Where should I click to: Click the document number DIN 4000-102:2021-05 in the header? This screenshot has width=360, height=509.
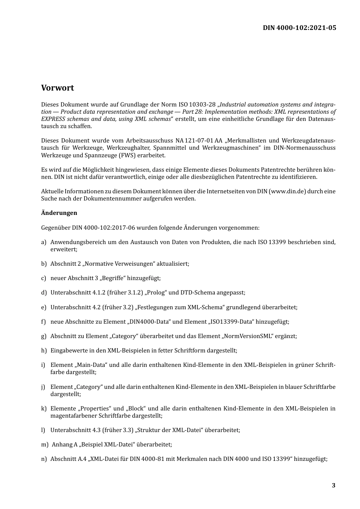click(x=299, y=28)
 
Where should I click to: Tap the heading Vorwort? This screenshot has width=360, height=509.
click(x=58, y=88)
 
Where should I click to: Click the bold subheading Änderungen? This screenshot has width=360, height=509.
click(x=59, y=213)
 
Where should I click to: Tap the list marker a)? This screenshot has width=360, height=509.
click(x=44, y=242)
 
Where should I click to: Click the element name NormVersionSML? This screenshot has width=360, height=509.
click(x=248, y=336)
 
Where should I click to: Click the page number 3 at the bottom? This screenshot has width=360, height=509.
click(x=333, y=486)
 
